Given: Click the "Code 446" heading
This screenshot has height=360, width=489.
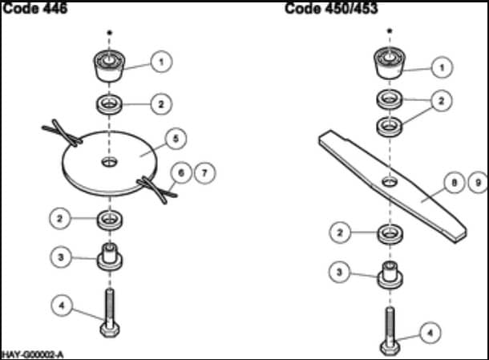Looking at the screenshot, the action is [35, 9].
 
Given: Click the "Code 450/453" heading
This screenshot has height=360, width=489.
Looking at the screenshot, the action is [331, 9].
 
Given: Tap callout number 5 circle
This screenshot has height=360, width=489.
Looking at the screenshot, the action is [176, 139].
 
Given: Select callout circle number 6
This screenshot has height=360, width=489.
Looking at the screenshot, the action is [181, 173].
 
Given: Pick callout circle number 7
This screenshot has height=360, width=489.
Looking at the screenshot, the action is [205, 173].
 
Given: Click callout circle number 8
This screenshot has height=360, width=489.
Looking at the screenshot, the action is [455, 183].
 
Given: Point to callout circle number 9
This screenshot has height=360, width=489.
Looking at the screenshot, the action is [478, 183].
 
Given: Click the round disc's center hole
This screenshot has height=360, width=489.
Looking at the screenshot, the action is [110, 162].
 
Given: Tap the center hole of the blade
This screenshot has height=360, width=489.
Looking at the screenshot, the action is [390, 181].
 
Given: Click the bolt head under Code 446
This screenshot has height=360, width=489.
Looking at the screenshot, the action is [110, 330].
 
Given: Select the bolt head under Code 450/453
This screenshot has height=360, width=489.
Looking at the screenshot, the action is [390, 348].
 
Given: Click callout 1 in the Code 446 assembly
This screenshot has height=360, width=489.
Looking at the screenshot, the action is [162, 62].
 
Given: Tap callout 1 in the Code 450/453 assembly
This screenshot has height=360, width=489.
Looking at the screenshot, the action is [442, 67].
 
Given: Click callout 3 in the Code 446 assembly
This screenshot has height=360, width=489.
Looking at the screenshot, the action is [61, 257].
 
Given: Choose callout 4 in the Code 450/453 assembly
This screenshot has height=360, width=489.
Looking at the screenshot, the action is [430, 333].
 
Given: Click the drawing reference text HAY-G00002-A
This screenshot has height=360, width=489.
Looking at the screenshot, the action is [33, 354].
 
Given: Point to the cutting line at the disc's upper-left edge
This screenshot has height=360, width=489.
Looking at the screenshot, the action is [63, 133].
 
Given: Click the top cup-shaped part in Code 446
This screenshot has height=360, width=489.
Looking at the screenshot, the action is [110, 66].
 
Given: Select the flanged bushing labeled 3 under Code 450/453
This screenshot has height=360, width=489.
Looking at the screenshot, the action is [390, 275].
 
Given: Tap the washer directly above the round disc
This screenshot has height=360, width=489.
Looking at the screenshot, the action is [110, 104].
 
